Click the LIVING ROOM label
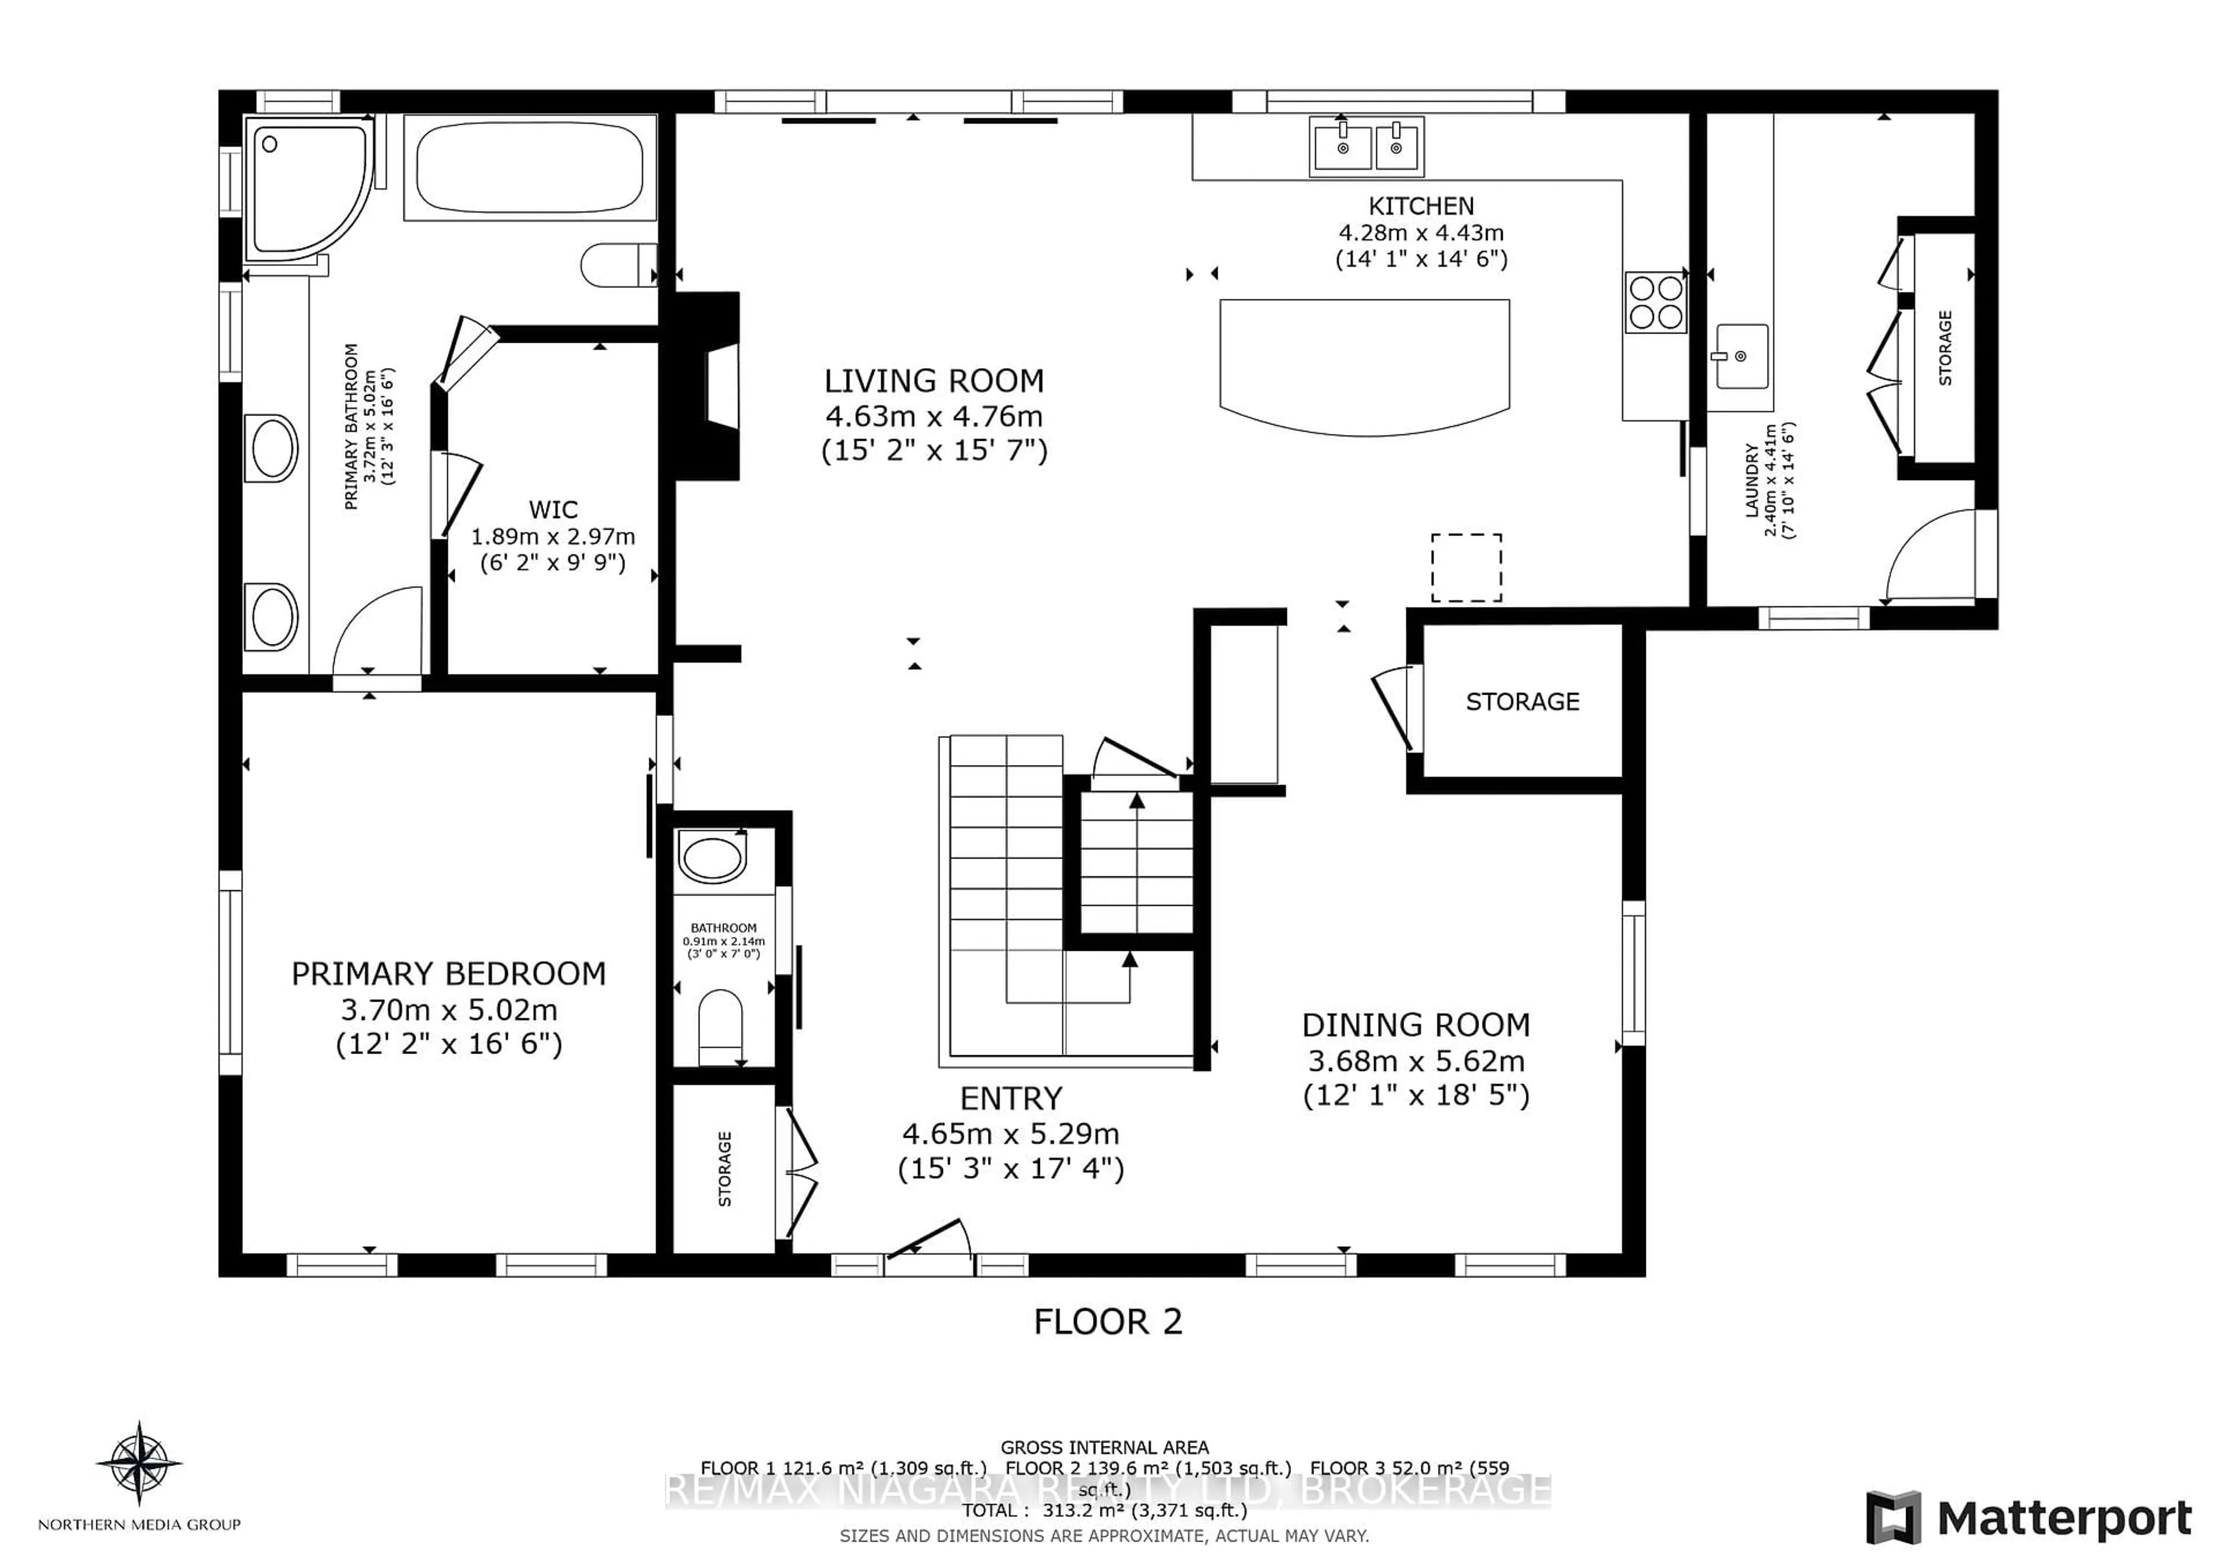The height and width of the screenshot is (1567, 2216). click(x=933, y=381)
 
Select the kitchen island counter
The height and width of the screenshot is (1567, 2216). click(x=1364, y=362)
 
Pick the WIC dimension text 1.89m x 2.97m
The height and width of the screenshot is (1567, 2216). click(x=552, y=537)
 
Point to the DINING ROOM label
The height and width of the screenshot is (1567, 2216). click(x=1416, y=1025)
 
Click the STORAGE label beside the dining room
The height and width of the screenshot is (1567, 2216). click(x=1522, y=703)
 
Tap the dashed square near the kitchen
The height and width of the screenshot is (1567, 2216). click(x=1465, y=568)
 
